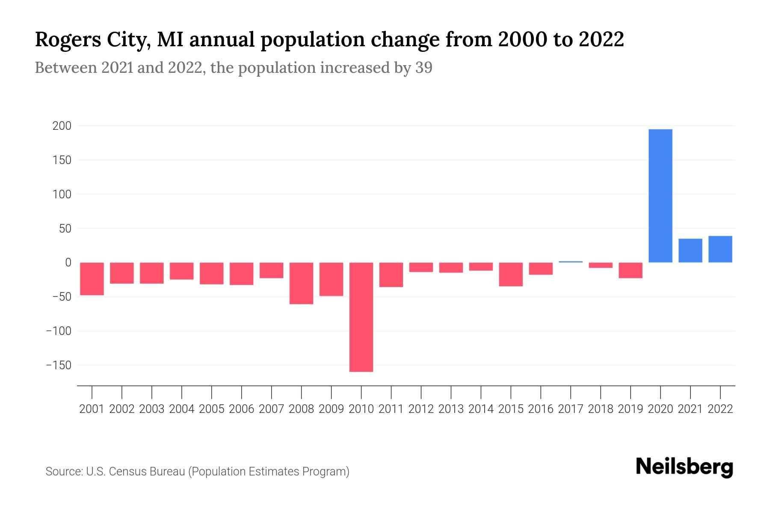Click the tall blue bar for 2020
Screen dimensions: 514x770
pos(660,196)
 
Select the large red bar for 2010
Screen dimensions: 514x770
pos(361,317)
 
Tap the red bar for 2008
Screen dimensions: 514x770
pos(301,283)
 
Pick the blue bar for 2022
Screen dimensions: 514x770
pos(720,249)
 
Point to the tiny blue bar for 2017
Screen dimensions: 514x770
pos(570,262)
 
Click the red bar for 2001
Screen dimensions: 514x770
pos(92,278)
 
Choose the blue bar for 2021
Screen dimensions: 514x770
pos(690,251)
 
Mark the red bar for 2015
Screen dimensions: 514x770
pos(511,274)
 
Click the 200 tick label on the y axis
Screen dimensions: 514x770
pos(62,126)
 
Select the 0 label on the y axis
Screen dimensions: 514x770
pos(68,263)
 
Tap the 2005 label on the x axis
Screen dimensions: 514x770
pos(211,409)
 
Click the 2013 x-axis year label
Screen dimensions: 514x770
pos(451,409)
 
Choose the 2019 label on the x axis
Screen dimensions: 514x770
pos(630,409)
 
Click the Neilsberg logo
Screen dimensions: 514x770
pos(684,467)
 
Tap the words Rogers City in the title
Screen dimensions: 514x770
pos(92,40)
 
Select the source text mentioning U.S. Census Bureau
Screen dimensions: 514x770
pos(197,472)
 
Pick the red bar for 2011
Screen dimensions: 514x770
pos(391,275)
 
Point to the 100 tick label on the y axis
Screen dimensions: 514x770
pos(62,194)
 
